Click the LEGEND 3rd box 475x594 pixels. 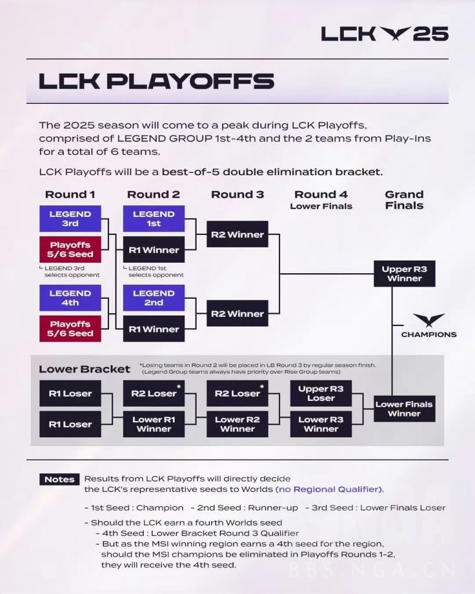click(x=70, y=219)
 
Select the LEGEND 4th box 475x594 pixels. click(x=70, y=298)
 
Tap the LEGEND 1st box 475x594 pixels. click(x=154, y=219)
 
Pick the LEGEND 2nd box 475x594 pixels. click(x=154, y=298)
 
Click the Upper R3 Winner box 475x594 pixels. click(x=404, y=274)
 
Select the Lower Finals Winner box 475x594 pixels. click(x=404, y=409)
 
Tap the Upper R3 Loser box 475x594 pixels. click(x=321, y=393)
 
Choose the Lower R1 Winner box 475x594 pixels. click(x=154, y=424)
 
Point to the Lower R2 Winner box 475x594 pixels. click(x=237, y=424)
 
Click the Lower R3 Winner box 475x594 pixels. click(x=321, y=424)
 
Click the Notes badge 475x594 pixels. click(x=60, y=479)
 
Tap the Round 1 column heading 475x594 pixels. click(x=70, y=194)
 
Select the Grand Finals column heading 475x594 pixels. click(x=404, y=200)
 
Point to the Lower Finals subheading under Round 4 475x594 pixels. click(x=321, y=206)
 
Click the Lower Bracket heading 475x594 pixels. click(x=85, y=369)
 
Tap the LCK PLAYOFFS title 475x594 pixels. click(x=156, y=81)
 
